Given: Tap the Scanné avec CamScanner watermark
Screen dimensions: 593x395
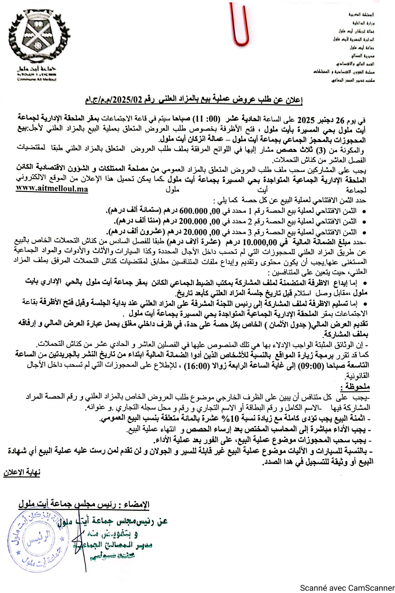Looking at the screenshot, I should click(x=347, y=588).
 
